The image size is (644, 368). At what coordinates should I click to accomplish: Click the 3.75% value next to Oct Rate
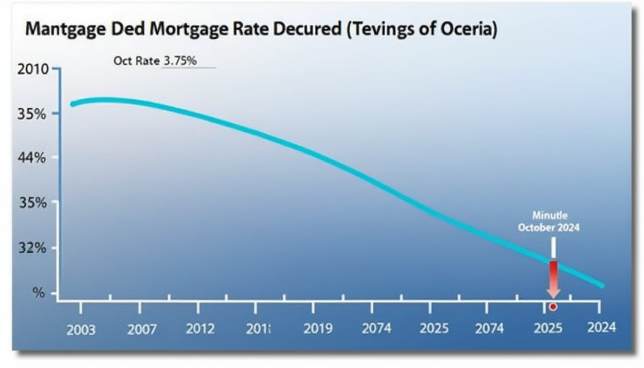point(180,61)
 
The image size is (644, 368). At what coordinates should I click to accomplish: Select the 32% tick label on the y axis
point(32,248)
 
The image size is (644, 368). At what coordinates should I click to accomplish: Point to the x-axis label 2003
point(81,330)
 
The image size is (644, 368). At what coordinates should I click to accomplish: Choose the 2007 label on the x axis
point(142,329)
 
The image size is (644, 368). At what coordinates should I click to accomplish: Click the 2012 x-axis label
point(200,329)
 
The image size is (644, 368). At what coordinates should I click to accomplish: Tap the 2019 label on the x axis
point(318,329)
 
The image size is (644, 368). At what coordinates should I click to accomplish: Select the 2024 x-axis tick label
point(601,327)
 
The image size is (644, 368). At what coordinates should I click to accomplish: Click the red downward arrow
point(553,279)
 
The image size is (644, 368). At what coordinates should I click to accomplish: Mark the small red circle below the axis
point(552,307)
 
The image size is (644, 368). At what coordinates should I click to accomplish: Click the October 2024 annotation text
point(548,227)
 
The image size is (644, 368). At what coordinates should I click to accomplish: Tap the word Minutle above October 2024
point(550,216)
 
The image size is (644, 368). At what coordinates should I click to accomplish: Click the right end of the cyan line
point(602,286)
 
